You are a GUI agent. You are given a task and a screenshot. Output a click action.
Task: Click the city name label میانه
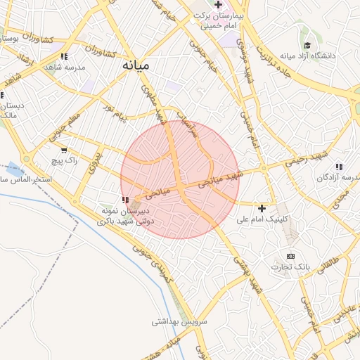(x=136, y=65)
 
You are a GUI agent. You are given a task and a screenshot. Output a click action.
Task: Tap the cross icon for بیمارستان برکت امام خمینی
(x=219, y=5)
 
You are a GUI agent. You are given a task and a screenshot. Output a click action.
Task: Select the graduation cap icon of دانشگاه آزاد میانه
(x=306, y=44)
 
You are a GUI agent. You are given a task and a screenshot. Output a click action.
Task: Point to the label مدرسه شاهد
(x=64, y=67)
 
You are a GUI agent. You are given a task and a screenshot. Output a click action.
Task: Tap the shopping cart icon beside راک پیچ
(x=65, y=150)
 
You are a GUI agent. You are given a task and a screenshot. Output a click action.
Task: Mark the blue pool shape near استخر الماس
(x=14, y=168)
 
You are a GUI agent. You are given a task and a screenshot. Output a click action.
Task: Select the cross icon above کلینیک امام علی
(x=262, y=208)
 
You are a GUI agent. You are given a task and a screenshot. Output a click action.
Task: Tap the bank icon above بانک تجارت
(x=290, y=256)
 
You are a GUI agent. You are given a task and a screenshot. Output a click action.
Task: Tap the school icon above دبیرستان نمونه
(x=127, y=200)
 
